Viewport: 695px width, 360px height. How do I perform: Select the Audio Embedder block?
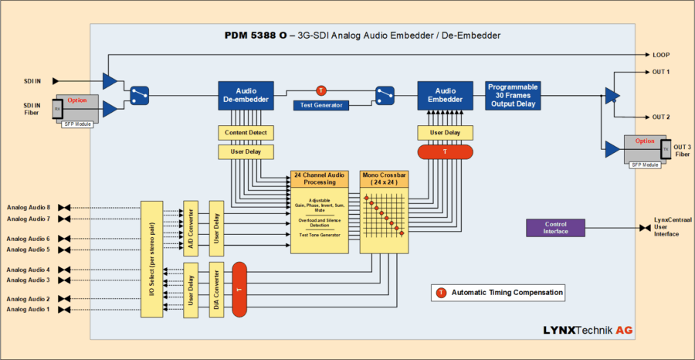(x=445, y=95)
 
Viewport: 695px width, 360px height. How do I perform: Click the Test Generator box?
(x=322, y=105)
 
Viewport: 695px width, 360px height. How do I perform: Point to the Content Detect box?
(x=246, y=133)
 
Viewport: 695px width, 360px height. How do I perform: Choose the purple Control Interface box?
(x=554, y=228)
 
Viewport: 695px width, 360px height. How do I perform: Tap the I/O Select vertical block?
(x=151, y=260)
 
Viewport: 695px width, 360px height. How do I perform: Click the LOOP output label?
(x=660, y=56)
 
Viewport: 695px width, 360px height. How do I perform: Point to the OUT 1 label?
(x=660, y=72)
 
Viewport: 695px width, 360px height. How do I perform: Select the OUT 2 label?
(x=660, y=117)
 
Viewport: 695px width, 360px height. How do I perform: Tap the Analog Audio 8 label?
(x=29, y=207)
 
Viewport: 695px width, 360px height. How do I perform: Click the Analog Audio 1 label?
(x=29, y=310)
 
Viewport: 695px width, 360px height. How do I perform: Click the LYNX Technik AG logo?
(x=588, y=330)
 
